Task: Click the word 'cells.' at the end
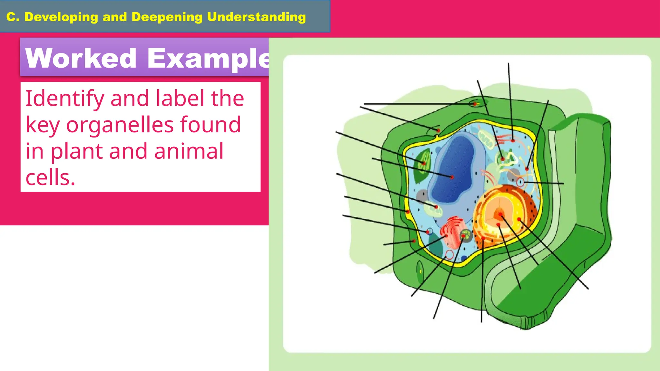click(x=50, y=177)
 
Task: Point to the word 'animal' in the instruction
click(x=189, y=151)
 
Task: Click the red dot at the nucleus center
click(x=500, y=214)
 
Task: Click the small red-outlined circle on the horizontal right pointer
click(x=520, y=183)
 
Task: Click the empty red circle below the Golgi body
click(x=450, y=255)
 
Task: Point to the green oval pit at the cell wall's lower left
click(x=420, y=271)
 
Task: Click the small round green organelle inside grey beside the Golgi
click(x=465, y=235)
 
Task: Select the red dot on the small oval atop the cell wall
click(x=474, y=104)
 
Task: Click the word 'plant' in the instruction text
click(x=76, y=151)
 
